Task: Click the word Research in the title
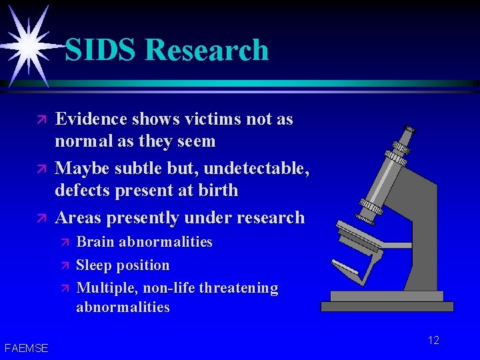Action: click(206, 50)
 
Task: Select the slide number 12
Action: click(433, 341)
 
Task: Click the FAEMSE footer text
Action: click(26, 347)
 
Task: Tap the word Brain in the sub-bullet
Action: click(95, 242)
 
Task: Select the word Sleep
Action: click(95, 265)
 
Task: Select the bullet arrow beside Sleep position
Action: click(65, 266)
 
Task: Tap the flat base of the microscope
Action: click(387, 306)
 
